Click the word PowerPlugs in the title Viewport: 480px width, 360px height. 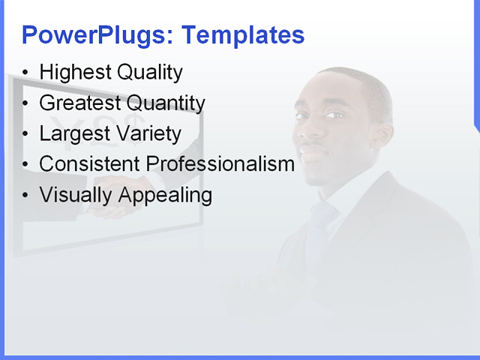pyautogui.click(x=97, y=35)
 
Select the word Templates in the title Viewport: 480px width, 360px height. pyautogui.click(x=244, y=35)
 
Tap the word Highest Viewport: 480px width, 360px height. pyautogui.click(x=73, y=73)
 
